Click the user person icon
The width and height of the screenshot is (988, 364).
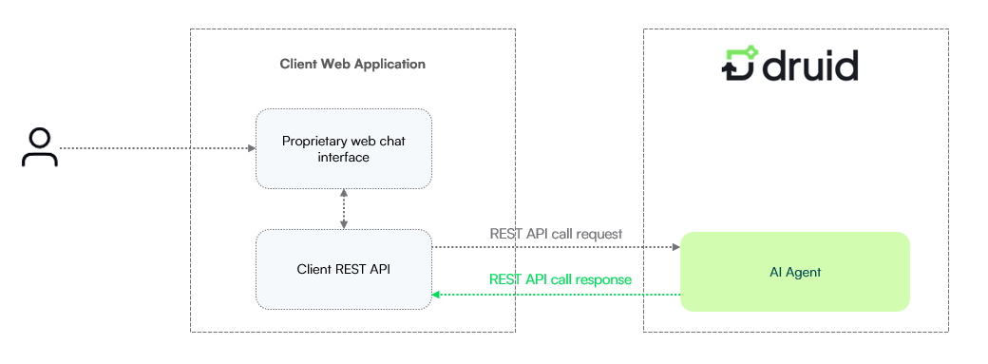click(40, 147)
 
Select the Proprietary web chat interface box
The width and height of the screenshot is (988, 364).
click(343, 149)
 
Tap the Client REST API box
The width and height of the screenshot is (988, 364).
click(343, 269)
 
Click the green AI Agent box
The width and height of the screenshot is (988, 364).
click(795, 272)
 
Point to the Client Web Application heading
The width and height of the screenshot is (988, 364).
click(352, 65)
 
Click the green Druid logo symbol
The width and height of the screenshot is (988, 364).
click(740, 64)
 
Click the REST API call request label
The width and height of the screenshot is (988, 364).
click(556, 234)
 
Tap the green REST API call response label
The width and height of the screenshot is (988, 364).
click(560, 278)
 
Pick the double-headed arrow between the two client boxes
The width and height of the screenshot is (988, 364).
click(343, 209)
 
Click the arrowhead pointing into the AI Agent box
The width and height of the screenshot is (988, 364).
click(676, 247)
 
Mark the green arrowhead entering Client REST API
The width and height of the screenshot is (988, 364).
click(436, 295)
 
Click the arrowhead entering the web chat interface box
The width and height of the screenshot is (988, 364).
click(252, 149)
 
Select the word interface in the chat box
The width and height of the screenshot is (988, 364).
click(343, 157)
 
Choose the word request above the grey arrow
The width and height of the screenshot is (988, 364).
click(599, 235)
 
